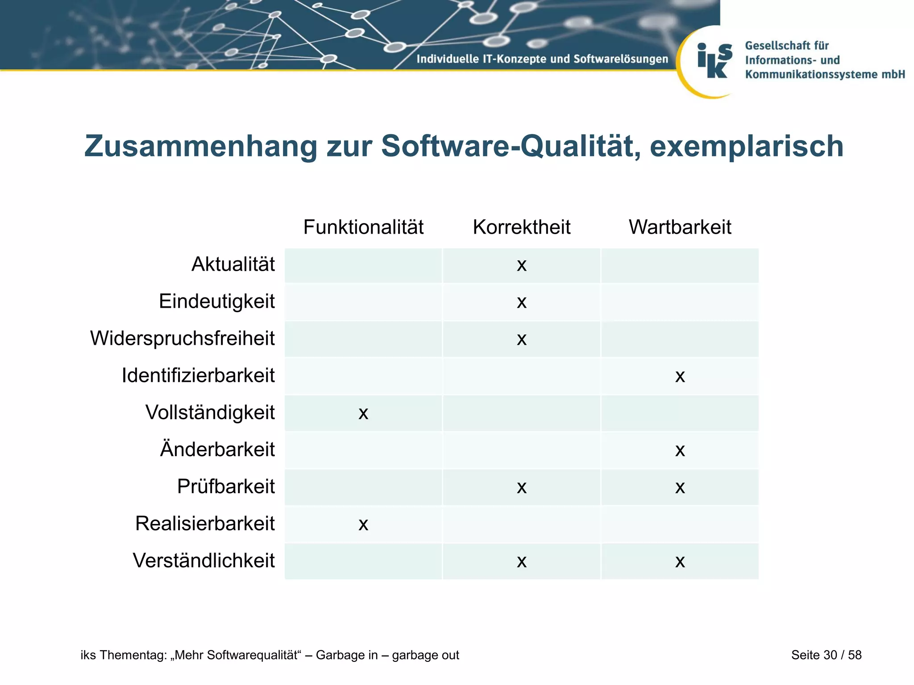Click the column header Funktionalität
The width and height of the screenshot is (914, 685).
363,227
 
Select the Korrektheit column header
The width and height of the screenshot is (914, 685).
521,227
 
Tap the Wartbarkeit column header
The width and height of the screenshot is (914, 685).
680,227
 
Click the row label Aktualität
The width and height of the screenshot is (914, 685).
233,264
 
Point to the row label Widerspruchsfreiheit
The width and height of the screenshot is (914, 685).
182,338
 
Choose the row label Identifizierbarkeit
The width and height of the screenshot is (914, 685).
198,376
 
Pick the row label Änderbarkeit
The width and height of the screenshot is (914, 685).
217,449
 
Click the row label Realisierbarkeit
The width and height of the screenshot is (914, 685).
205,524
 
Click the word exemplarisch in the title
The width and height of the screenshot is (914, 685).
746,146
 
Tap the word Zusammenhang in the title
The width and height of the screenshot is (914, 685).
200,146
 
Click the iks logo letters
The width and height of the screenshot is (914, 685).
715,61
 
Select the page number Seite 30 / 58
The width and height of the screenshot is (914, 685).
826,655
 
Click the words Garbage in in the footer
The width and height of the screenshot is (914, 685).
347,655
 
